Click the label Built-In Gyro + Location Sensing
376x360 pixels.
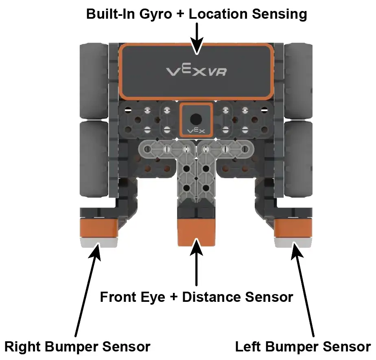197,14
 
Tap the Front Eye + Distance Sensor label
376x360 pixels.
197,297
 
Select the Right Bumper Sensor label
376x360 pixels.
77,347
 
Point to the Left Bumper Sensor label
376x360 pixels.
303,347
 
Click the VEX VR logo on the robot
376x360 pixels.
197,72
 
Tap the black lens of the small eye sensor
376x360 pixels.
196,119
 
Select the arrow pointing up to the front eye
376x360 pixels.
197,264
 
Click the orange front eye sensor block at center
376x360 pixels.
196,232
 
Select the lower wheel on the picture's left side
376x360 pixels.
94,157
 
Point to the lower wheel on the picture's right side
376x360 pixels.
298,157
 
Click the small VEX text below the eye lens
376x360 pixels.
196,131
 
